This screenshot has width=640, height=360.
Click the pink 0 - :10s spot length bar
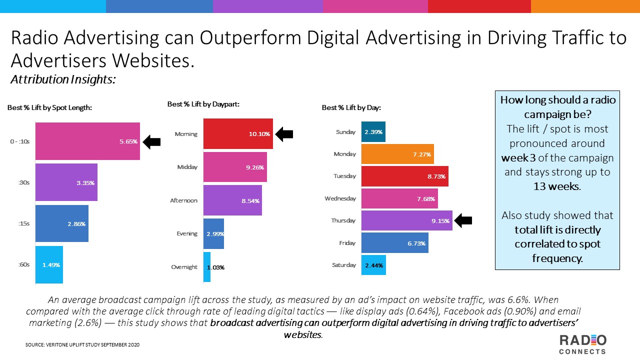coord(87,141)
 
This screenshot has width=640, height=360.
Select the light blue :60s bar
coord(49,264)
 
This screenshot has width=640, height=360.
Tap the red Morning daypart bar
coord(238,133)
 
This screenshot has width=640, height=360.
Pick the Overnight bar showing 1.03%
coord(207,267)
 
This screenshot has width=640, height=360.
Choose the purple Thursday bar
coord(406,220)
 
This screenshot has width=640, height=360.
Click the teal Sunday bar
coord(373,132)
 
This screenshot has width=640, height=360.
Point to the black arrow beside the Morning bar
coord(284,133)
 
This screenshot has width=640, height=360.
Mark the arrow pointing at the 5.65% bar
coord(151,141)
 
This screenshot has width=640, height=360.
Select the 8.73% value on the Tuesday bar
coord(436,176)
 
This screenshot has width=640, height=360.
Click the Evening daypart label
coord(187,233)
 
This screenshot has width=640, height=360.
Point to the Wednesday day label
coord(340,198)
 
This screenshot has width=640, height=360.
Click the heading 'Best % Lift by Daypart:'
coord(203,104)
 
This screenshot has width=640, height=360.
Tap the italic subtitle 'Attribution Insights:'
coord(63,79)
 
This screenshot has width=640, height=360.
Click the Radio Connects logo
coord(582,344)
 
